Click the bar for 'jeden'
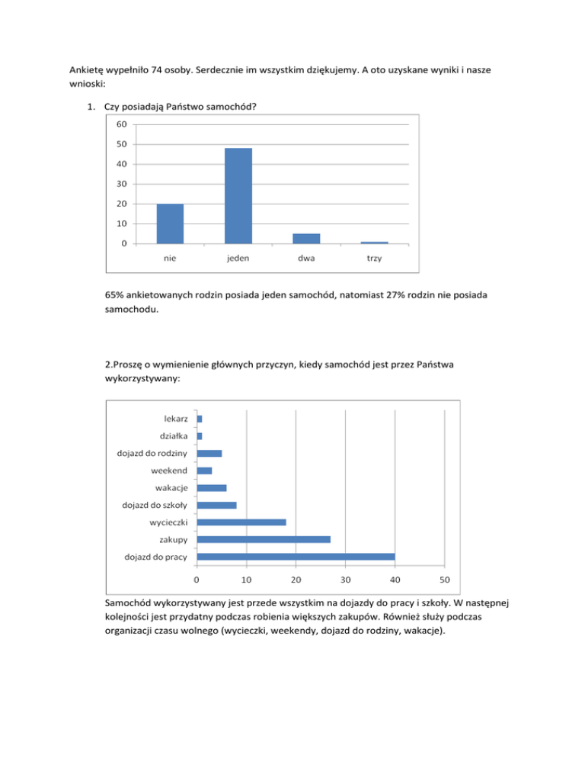[238, 196]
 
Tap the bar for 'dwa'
[306, 239]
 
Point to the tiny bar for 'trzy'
[374, 242]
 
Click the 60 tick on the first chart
[122, 124]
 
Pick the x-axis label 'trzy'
[374, 259]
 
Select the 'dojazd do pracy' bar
[296, 556]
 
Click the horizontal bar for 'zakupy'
[264, 539]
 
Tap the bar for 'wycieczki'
[241, 522]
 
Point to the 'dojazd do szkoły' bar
[216, 505]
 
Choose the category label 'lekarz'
[175, 419]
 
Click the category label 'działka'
[174, 436]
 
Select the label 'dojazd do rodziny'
[152, 453]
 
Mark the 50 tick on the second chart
[445, 579]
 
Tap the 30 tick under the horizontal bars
[345, 579]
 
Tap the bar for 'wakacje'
[211, 488]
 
